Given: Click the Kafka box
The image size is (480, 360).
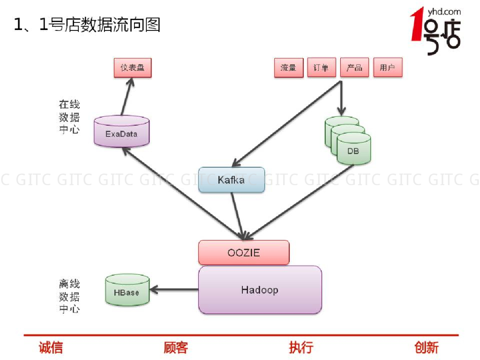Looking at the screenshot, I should point(231,180).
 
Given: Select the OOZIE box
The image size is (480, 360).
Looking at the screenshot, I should point(244,253).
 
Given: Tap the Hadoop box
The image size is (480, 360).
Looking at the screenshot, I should point(260,290).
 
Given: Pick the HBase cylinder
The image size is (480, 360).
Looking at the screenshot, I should point(127,292).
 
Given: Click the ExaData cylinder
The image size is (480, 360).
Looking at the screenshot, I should point(121,134).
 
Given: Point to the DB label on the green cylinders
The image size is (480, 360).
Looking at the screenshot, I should point(353,151).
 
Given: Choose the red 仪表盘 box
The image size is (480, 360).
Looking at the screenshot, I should point(133,68).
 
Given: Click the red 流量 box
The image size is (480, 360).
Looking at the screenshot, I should point(288,68).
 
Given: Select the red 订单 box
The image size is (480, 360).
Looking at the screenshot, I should point(321,68).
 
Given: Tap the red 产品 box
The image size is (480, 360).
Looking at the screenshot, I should point(354,68).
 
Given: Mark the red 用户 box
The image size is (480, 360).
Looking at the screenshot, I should point(388,68).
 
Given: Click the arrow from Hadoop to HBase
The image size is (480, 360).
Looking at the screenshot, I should point(174,290).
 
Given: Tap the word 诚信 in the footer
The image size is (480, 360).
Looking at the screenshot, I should point(51,347).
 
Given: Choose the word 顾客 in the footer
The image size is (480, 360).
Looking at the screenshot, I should point(176,347).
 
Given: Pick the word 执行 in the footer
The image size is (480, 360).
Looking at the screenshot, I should point(301,347).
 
